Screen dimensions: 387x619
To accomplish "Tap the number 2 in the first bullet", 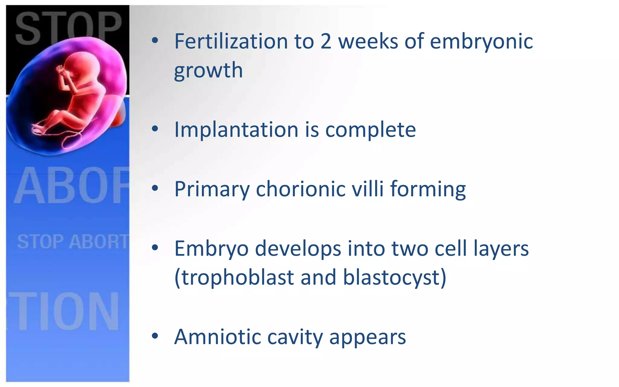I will pyautogui.click(x=326, y=41).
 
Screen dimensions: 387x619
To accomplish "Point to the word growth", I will pyautogui.click(x=208, y=70).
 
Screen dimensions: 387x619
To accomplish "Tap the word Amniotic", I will pyautogui.click(x=218, y=337).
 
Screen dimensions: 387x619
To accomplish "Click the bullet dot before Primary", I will pyautogui.click(x=155, y=189).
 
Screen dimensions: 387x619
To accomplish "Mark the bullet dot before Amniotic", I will pyautogui.click(x=155, y=336).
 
